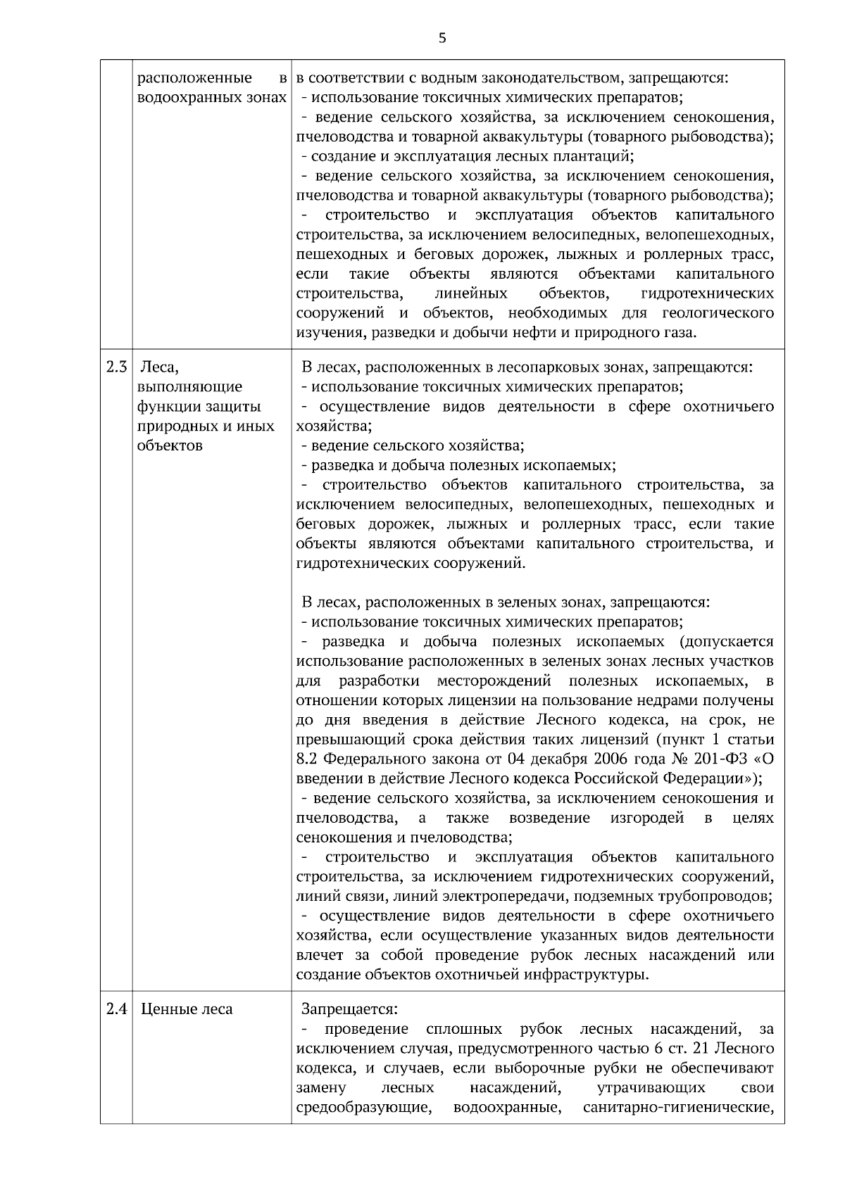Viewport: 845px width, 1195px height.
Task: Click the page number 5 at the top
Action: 442,38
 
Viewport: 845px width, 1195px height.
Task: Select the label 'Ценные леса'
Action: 187,1009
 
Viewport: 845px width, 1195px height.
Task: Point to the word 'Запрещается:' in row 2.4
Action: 349,1009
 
